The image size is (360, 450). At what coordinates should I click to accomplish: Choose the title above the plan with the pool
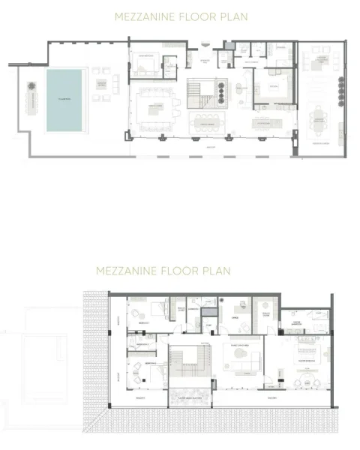pos(181,15)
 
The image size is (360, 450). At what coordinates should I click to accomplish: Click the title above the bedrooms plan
pos(163,271)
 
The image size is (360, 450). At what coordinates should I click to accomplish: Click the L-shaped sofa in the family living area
pos(244,358)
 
